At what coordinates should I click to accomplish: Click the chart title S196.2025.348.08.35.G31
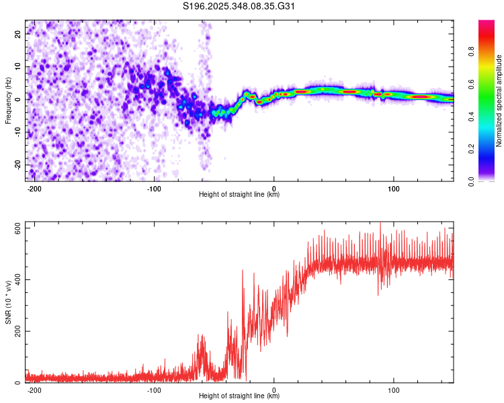pyautogui.click(x=239, y=7)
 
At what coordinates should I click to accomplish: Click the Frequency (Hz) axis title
pyautogui.click(x=8, y=101)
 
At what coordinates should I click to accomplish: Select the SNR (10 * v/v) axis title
pyautogui.click(x=8, y=303)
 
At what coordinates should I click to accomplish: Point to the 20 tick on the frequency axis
pyautogui.click(x=17, y=34)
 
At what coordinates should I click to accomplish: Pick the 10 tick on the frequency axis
pyautogui.click(x=17, y=66)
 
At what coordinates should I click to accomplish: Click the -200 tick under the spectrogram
pyautogui.click(x=34, y=187)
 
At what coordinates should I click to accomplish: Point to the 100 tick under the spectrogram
pyautogui.click(x=393, y=187)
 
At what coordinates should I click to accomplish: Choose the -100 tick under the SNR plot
pyautogui.click(x=154, y=390)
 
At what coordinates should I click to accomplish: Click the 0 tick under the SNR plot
pyautogui.click(x=274, y=390)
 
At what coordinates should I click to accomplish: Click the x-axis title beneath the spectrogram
pyautogui.click(x=239, y=195)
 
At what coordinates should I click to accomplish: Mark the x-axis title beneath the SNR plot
pyautogui.click(x=239, y=396)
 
